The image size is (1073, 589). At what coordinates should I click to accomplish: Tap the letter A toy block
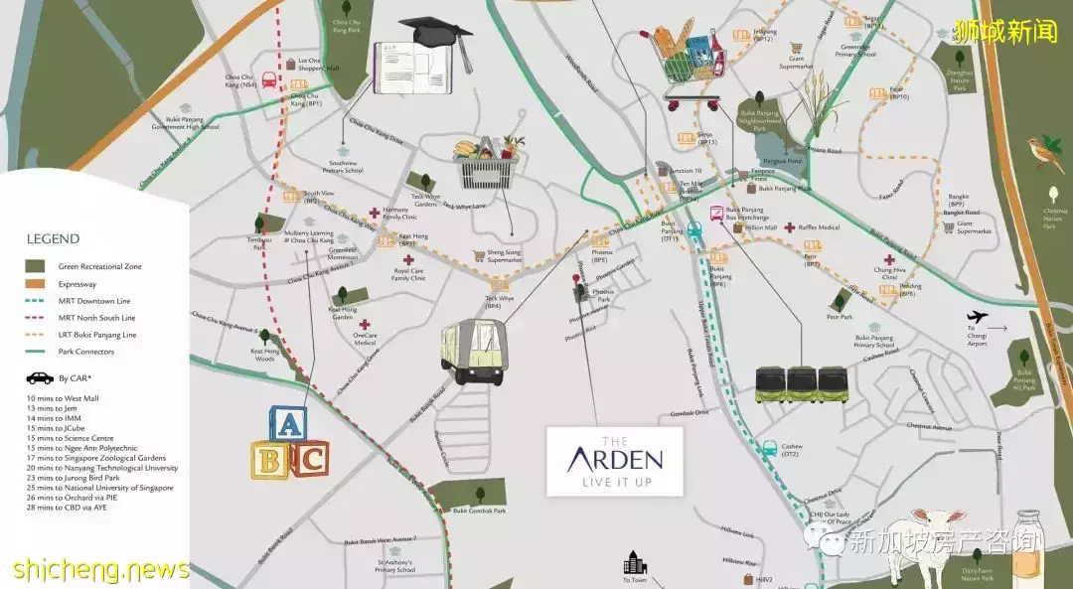287,425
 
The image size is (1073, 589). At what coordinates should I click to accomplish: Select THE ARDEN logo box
615,461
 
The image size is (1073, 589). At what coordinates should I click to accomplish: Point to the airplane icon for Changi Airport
978,317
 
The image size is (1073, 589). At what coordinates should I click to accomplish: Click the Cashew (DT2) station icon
768,448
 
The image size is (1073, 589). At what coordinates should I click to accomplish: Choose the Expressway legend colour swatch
35,284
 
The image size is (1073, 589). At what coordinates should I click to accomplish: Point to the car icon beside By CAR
40,377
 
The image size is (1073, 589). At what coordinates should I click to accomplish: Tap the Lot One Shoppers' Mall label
319,65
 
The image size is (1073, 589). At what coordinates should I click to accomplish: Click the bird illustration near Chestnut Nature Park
1042,153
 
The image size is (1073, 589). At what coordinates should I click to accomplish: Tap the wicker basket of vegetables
489,162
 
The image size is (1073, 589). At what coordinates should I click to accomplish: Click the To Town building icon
634,564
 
